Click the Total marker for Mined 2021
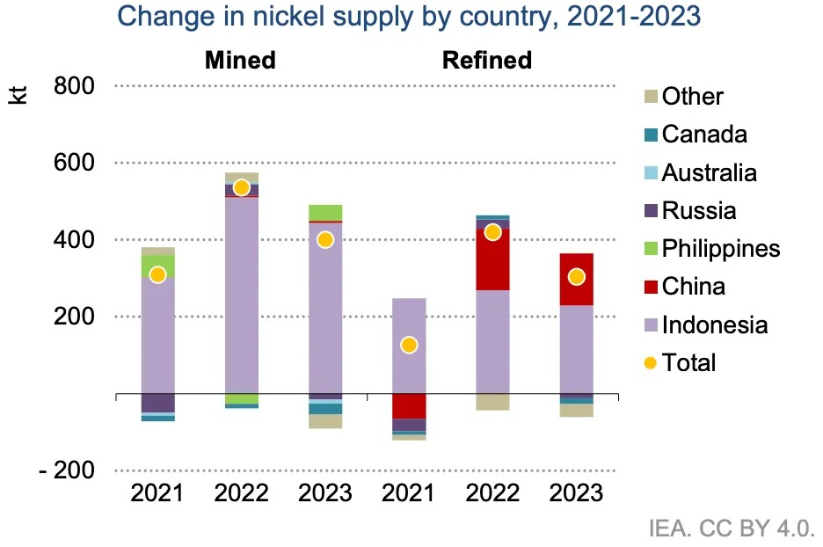[x=157, y=275]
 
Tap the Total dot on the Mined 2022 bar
[x=242, y=187]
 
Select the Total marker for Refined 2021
[x=409, y=345]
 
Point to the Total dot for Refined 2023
[x=577, y=277]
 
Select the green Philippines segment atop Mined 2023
[x=325, y=212]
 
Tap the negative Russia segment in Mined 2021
[x=157, y=403]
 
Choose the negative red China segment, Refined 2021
[x=409, y=405]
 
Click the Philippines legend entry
[x=720, y=249]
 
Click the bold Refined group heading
[x=487, y=60]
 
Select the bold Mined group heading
[x=240, y=60]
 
